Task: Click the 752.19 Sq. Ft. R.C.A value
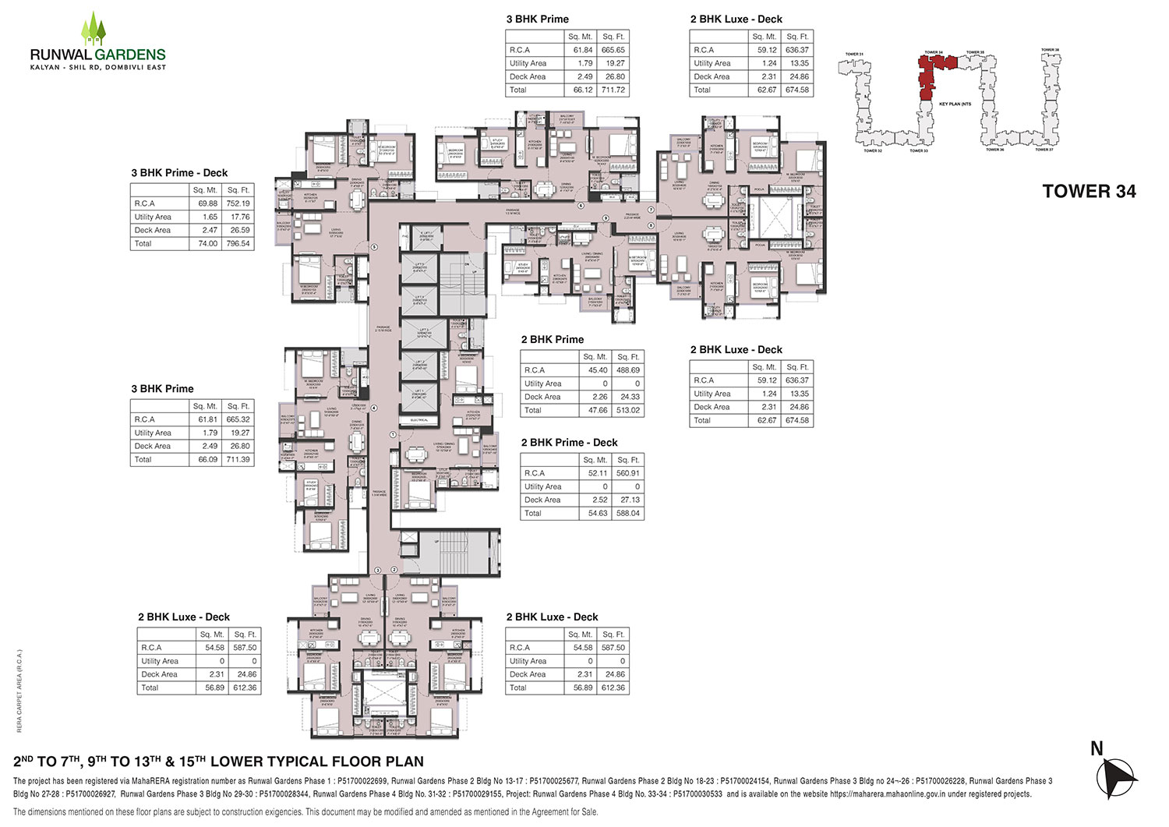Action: [x=238, y=203]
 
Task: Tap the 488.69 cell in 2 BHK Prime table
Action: [x=627, y=370]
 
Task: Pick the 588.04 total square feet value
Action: [x=627, y=514]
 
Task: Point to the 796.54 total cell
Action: [x=238, y=244]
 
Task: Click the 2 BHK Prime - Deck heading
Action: [x=569, y=443]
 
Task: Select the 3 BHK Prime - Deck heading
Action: [x=179, y=173]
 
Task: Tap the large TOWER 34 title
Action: [x=1089, y=192]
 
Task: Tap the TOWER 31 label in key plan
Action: [x=854, y=55]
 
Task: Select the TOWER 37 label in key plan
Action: [x=1044, y=150]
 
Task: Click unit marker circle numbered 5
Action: [x=374, y=248]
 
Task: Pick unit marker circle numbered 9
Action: [x=605, y=217]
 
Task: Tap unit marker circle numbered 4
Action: [x=374, y=408]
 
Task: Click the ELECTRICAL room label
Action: [x=419, y=420]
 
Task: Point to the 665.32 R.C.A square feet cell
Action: [x=238, y=419]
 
